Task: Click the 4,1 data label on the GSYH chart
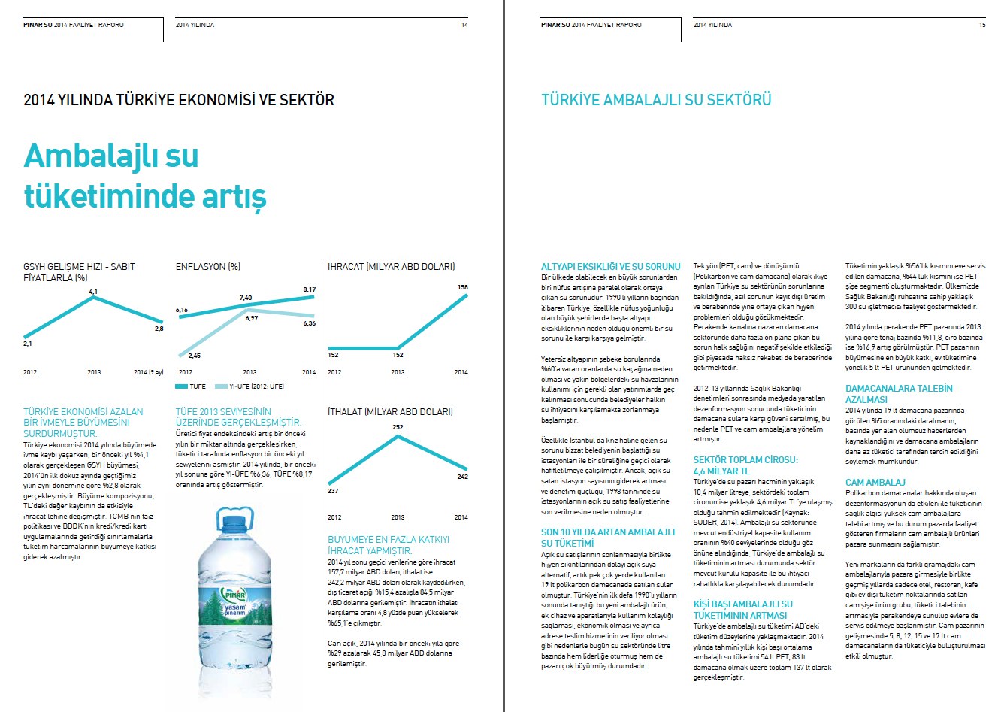point(93,291)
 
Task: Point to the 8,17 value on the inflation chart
point(309,289)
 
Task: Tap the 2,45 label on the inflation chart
point(194,356)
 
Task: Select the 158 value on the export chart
point(463,287)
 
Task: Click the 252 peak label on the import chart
point(398,427)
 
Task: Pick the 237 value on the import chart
point(333,491)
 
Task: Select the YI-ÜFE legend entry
point(249,386)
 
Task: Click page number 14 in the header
point(464,25)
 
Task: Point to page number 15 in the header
point(982,25)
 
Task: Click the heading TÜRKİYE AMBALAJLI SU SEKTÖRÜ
point(656,100)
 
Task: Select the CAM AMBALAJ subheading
point(875,483)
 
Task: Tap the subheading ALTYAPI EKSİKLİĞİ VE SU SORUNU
point(610,267)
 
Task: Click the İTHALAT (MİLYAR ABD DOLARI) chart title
point(390,412)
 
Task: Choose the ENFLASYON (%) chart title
point(208,267)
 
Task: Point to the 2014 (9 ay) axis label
point(149,372)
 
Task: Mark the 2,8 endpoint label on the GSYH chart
point(159,329)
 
